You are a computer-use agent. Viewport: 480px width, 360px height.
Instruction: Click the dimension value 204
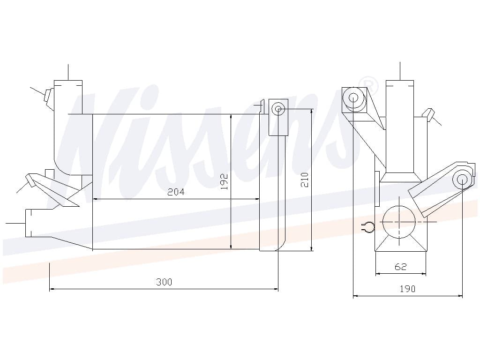click(176, 192)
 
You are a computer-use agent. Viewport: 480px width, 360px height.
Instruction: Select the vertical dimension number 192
click(225, 181)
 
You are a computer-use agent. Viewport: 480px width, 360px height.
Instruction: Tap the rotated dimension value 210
click(305, 180)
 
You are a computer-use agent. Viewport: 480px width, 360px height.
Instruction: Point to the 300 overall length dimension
click(164, 282)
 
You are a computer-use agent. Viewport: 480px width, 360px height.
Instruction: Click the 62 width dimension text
click(400, 267)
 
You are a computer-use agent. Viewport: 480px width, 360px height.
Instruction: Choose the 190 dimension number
click(407, 289)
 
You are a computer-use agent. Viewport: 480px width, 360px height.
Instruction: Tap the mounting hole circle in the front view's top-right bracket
click(278, 109)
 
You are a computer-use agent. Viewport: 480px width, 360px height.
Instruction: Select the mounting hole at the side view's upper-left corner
click(354, 98)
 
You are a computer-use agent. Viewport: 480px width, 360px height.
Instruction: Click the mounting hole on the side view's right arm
click(462, 180)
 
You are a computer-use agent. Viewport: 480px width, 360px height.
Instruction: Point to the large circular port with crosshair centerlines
click(399, 222)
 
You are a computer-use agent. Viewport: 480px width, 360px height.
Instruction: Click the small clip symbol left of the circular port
click(368, 227)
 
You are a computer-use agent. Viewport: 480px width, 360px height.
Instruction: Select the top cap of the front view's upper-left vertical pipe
click(68, 81)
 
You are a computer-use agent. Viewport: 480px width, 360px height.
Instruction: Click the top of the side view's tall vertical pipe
click(400, 81)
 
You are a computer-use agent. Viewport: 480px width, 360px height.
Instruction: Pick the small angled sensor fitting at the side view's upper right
click(428, 113)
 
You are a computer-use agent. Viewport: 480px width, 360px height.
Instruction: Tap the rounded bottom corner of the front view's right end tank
click(282, 246)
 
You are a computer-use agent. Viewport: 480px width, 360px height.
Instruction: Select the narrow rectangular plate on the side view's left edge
click(377, 188)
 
